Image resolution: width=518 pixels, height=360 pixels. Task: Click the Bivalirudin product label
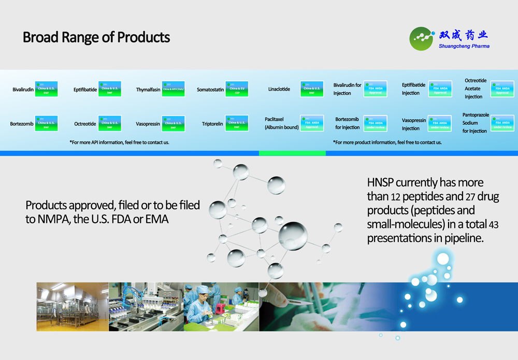pyautogui.click(x=23, y=90)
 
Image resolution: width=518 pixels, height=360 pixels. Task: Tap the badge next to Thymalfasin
pyautogui.click(x=174, y=89)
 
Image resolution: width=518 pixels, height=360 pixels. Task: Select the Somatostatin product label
pyautogui.click(x=210, y=90)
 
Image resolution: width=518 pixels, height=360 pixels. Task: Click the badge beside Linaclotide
pyautogui.click(x=312, y=89)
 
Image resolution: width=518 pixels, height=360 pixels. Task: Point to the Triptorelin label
pyautogui.click(x=212, y=124)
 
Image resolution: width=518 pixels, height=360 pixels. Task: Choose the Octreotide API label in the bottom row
pyautogui.click(x=85, y=124)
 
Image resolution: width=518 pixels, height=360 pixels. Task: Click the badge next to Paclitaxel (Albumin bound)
pyautogui.click(x=312, y=123)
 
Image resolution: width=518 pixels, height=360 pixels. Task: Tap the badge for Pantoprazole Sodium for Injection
pyautogui.click(x=502, y=123)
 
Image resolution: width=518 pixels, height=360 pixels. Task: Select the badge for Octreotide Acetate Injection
pyautogui.click(x=502, y=89)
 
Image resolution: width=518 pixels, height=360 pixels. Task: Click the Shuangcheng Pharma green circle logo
pyautogui.click(x=422, y=39)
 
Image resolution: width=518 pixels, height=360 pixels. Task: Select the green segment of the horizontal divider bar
pyautogui.click(x=292, y=153)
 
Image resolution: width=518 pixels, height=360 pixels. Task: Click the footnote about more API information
pyautogui.click(x=119, y=142)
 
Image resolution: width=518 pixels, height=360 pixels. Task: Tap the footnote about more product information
pyautogui.click(x=387, y=142)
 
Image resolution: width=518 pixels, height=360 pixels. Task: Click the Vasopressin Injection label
pyautogui.click(x=413, y=124)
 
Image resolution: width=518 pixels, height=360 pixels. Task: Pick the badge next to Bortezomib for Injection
pyautogui.click(x=375, y=123)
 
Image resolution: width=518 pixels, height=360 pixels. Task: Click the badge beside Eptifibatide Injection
pyautogui.click(x=440, y=89)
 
